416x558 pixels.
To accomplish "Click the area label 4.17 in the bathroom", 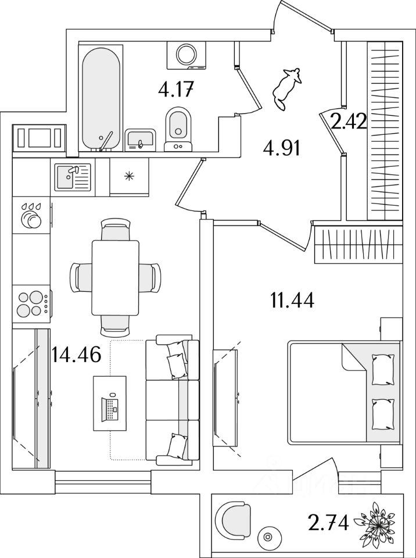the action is click(x=175, y=90).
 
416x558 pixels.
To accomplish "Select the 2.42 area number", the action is click(x=347, y=122).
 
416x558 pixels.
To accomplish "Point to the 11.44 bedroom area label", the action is click(x=292, y=301).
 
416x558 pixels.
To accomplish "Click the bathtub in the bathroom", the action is click(x=101, y=98).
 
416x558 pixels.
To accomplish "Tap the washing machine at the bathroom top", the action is click(x=187, y=55).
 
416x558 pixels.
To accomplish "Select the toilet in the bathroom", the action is click(x=178, y=128).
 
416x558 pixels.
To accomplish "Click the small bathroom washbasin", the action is click(x=140, y=139).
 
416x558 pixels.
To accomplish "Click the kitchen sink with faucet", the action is click(x=73, y=177).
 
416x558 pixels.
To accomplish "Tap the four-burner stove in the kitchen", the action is click(x=32, y=303).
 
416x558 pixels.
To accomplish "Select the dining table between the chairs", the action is click(x=116, y=277).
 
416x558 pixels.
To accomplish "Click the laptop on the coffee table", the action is click(x=110, y=405).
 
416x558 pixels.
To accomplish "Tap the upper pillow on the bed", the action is click(x=382, y=370).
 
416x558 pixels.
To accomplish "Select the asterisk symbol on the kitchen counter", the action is click(x=129, y=176).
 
